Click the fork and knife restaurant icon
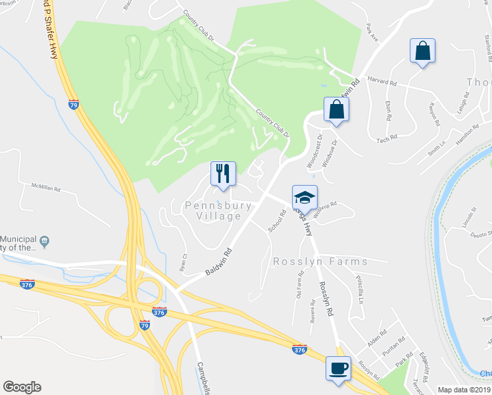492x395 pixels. (x=223, y=174)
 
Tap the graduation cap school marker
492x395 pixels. (x=305, y=197)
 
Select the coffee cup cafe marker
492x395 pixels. (x=339, y=368)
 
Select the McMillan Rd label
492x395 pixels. (x=46, y=187)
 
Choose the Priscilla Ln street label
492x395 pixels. (x=359, y=289)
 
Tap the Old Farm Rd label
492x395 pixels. (x=300, y=288)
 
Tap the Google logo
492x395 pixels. (x=22, y=387)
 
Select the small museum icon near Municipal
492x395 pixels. (x=44, y=241)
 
